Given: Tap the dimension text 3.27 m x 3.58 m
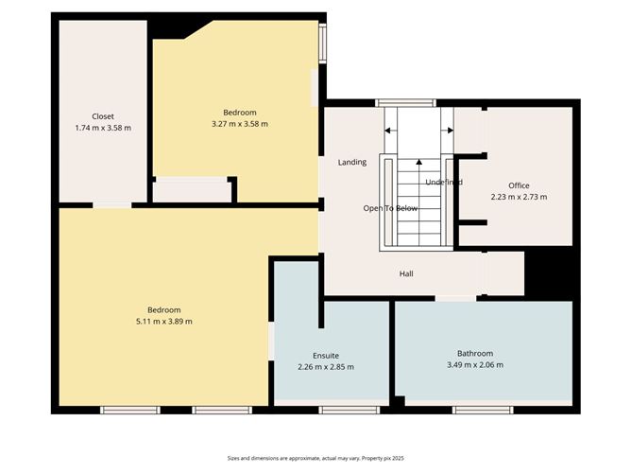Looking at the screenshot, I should [x=240, y=124].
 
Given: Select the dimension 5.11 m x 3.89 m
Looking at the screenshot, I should [x=164, y=322].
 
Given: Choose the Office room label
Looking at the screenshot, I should [x=519, y=185].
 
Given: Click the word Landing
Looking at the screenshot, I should [x=352, y=163].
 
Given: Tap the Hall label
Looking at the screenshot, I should [x=406, y=274].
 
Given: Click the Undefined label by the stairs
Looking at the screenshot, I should [x=443, y=183].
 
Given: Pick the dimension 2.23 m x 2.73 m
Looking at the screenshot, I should [x=519, y=197].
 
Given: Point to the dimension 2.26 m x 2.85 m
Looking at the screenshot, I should [x=325, y=367].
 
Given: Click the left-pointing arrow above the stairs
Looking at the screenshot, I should [x=390, y=131].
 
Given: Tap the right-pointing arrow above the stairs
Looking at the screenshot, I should [x=448, y=131].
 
